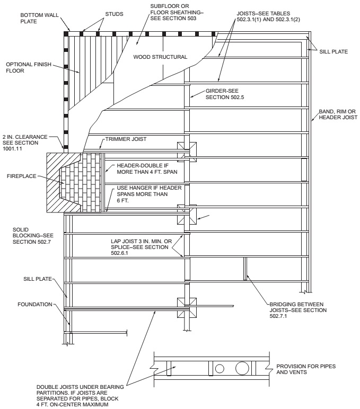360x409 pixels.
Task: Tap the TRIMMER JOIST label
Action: tap(125, 139)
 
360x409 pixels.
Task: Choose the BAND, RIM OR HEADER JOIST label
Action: tap(337, 115)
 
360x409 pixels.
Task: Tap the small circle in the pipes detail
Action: tap(219, 367)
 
